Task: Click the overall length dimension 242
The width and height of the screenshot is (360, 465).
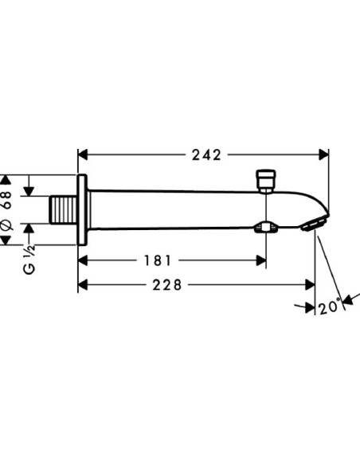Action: tap(205, 154)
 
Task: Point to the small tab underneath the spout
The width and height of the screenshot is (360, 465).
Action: tap(264, 229)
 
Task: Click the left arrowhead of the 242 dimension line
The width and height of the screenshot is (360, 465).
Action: tap(83, 154)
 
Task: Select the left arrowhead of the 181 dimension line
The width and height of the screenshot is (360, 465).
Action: tap(83, 260)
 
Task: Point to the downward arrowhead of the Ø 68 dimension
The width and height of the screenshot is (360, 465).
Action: tap(29, 191)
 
